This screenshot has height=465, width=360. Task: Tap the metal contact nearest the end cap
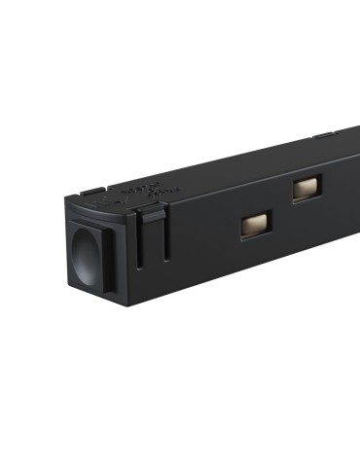[x=257, y=225]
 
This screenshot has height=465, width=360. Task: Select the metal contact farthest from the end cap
[x=307, y=188]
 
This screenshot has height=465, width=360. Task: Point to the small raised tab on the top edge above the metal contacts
[x=324, y=136]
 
